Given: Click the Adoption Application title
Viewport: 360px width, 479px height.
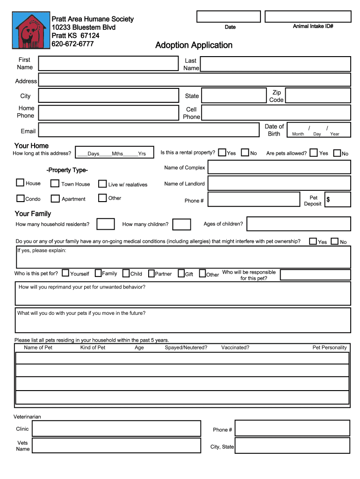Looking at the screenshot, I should pyautogui.click(x=194, y=45).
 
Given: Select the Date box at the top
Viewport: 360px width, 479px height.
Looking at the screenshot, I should pyautogui.click(x=229, y=16).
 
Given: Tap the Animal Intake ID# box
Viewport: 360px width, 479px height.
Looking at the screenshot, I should pyautogui.click(x=307, y=16).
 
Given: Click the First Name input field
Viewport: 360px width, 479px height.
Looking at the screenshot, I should pyautogui.click(x=108, y=64).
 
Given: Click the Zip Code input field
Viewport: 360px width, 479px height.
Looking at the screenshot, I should pyautogui.click(x=317, y=96).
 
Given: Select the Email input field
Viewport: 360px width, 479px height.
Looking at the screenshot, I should pyautogui.click(x=149, y=131).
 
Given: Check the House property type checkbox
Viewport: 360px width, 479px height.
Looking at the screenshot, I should pyautogui.click(x=20, y=183).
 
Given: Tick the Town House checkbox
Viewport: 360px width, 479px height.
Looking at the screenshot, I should pyautogui.click(x=55, y=183).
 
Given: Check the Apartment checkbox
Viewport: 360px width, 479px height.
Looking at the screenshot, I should pyautogui.click(x=55, y=198).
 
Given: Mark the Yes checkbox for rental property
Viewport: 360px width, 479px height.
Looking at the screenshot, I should pyautogui.click(x=222, y=152).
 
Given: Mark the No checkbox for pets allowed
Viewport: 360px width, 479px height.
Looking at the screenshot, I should pyautogui.click(x=337, y=152).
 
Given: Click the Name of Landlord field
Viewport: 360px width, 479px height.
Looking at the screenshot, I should pyautogui.click(x=279, y=183).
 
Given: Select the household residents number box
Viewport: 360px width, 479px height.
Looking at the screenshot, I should pyautogui.click(x=106, y=224).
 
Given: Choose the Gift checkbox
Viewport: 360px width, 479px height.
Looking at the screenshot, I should pyautogui.click(x=181, y=274).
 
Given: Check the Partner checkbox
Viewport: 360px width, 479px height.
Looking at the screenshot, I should pyautogui.click(x=151, y=273).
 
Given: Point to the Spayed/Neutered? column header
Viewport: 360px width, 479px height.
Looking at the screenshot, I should pyautogui.click(x=186, y=348).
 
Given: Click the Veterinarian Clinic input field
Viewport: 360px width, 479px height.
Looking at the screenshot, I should pyautogui.click(x=119, y=428).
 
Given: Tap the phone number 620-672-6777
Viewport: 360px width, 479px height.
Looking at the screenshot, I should pyautogui.click(x=72, y=44).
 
